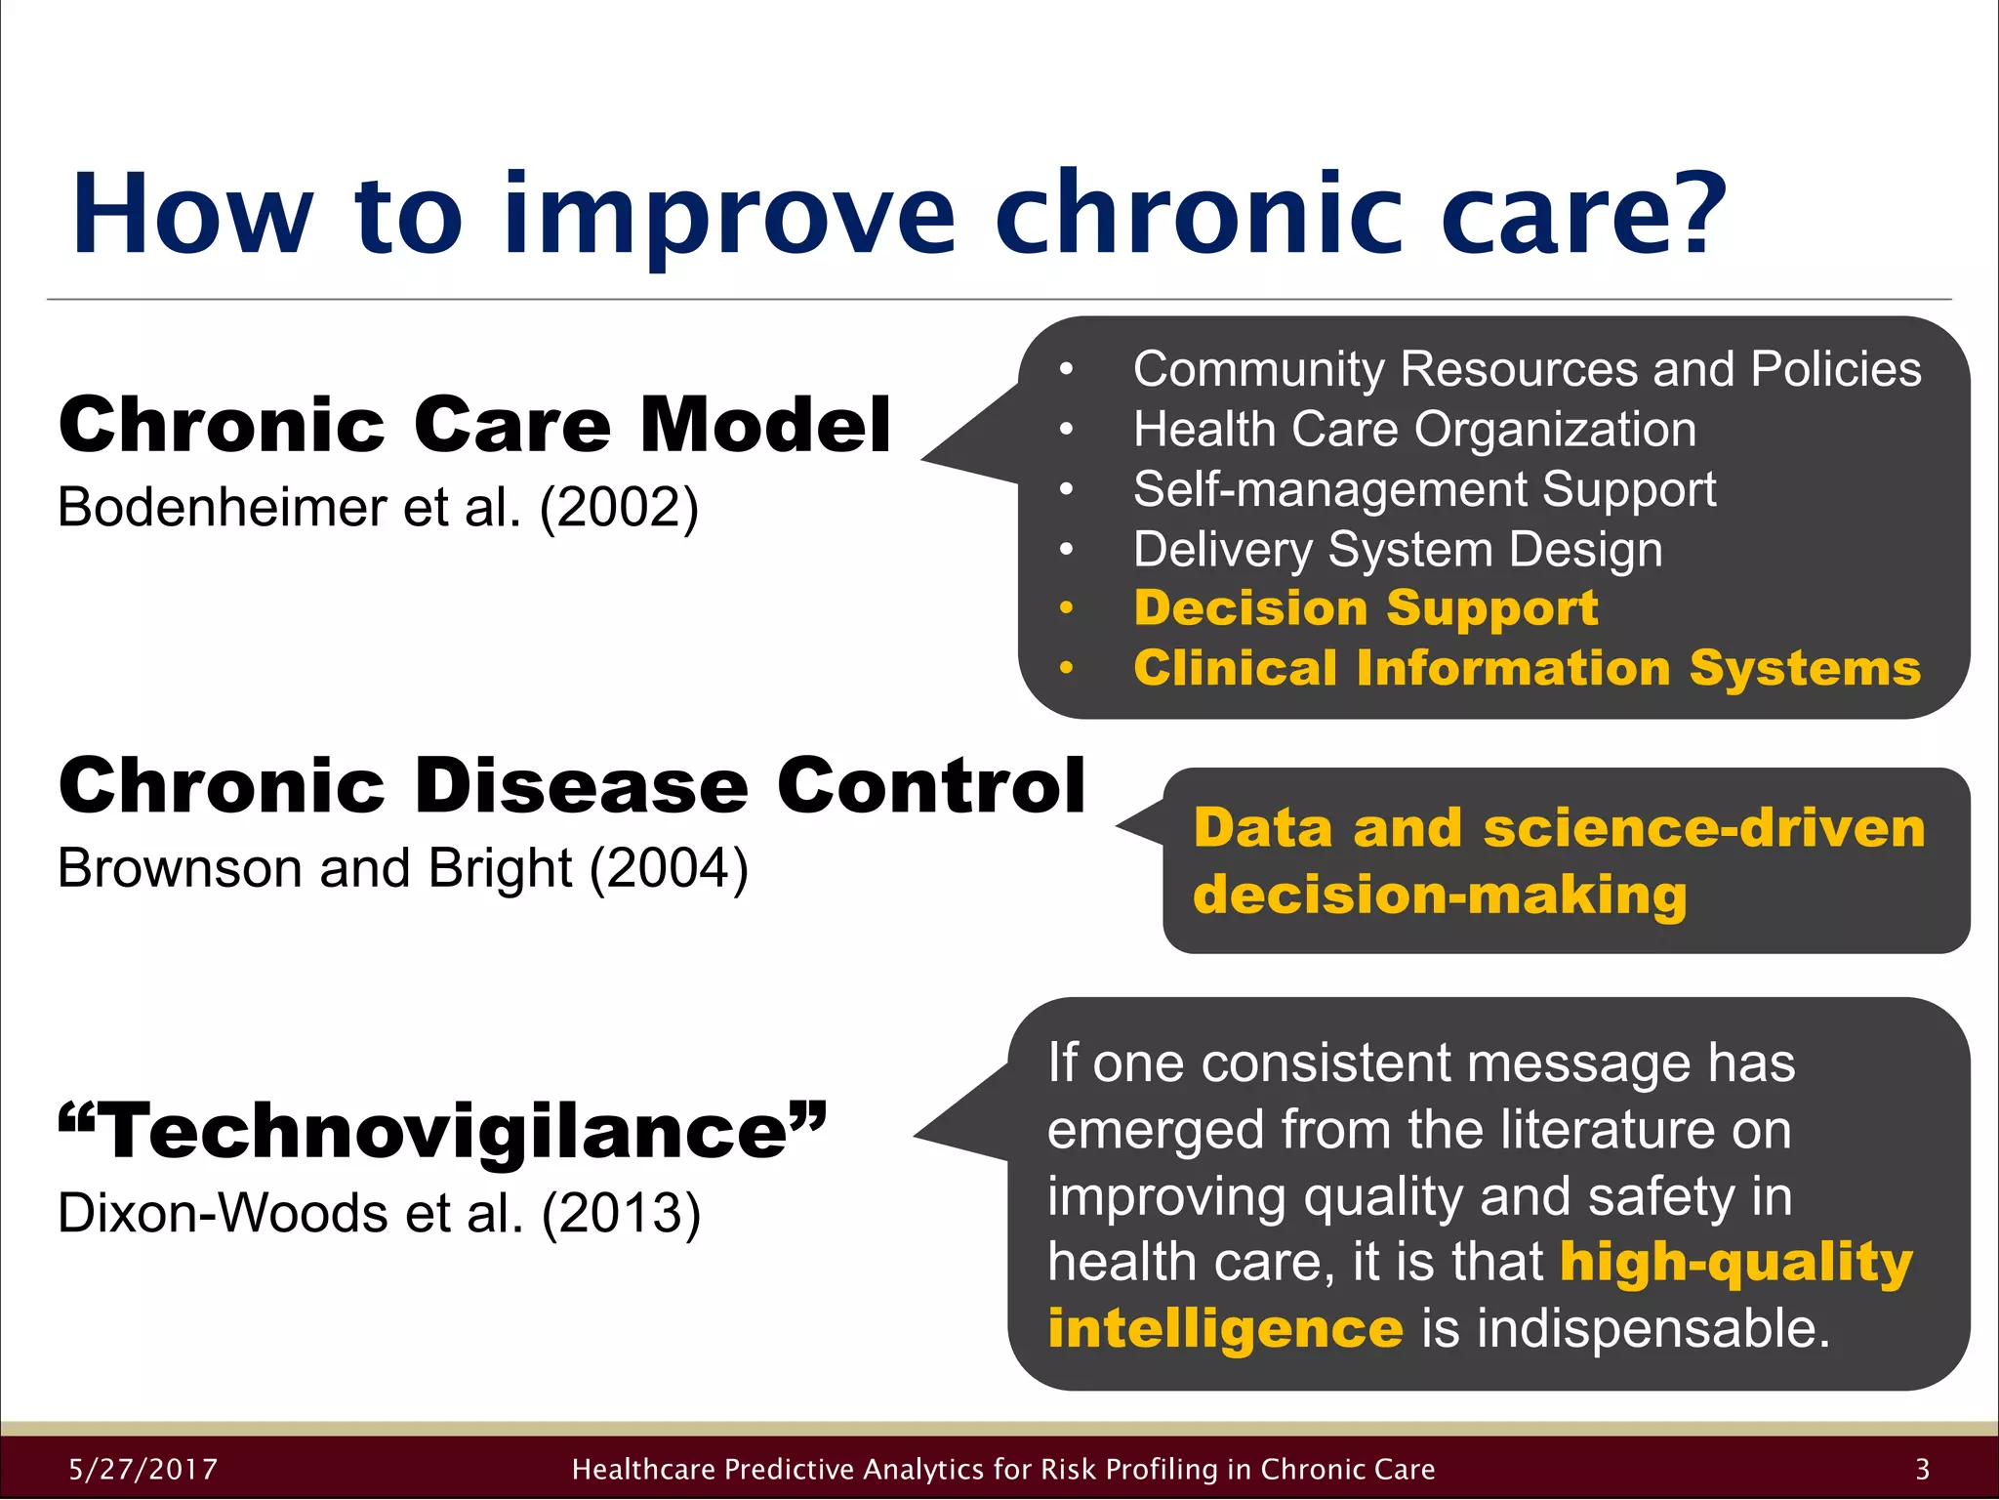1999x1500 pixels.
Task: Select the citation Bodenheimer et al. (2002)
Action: pos(378,507)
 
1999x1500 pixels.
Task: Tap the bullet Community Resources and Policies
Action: pos(1527,369)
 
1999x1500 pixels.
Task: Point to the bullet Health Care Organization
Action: pos(1414,430)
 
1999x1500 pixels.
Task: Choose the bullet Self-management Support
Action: pos(1424,489)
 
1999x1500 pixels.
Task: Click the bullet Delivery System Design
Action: pos(1397,549)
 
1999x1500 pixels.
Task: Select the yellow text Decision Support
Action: pos(1366,607)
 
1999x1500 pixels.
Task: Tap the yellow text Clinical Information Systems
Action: pos(1527,668)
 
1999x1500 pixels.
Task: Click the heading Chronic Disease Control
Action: pos(571,785)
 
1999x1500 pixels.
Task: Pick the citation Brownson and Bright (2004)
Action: pos(402,867)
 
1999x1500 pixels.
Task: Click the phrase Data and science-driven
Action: pos(1559,828)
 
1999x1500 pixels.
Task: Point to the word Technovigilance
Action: pos(444,1131)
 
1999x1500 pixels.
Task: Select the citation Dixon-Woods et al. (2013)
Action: pos(379,1213)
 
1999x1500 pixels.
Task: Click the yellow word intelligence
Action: pos(1225,1328)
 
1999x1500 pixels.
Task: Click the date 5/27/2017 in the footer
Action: pos(143,1469)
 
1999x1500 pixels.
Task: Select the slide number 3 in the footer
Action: pos(1922,1469)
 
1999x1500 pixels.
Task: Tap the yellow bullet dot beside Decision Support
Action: pos(1066,608)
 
